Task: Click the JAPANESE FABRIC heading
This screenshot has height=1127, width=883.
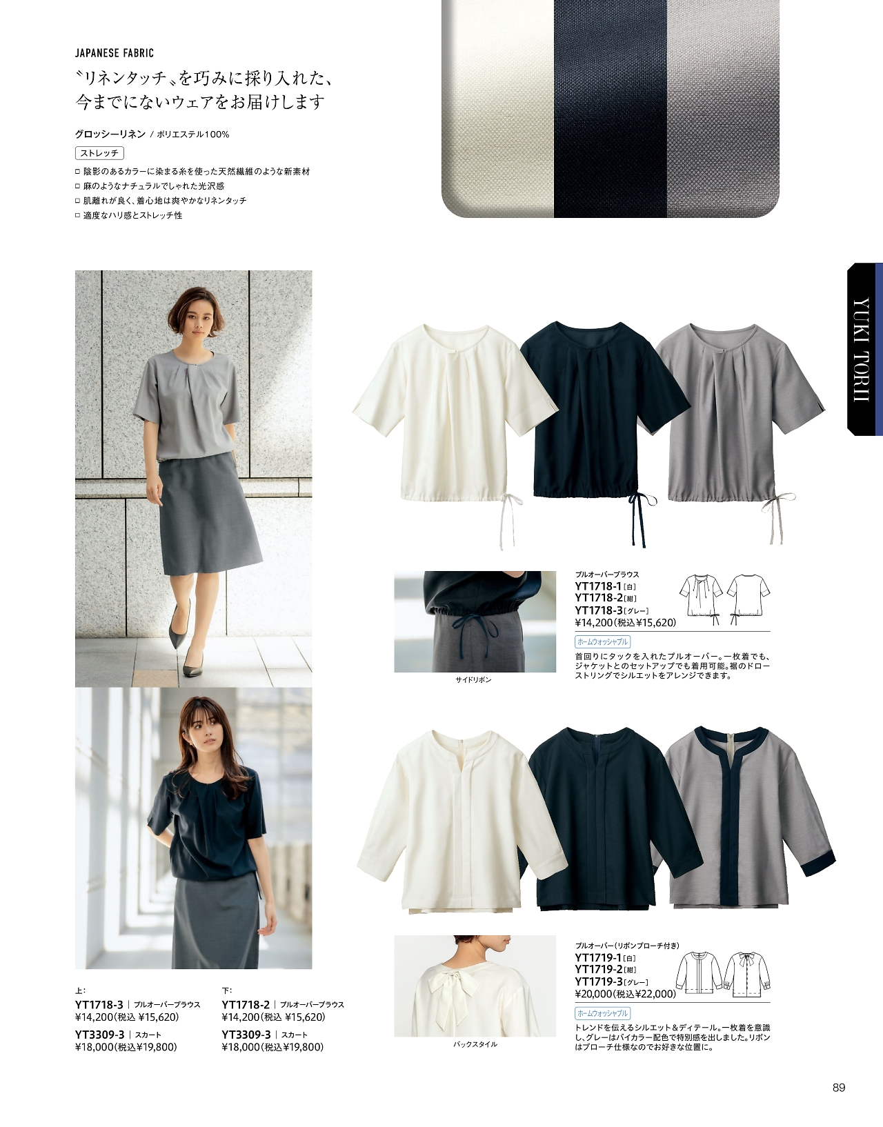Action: pyautogui.click(x=114, y=53)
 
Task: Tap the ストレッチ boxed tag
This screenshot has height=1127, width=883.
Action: pyautogui.click(x=99, y=153)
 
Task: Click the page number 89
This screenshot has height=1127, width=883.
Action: pyautogui.click(x=838, y=1088)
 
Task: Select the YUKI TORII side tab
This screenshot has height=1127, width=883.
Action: pyautogui.click(x=864, y=350)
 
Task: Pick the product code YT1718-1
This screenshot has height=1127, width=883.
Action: pyautogui.click(x=598, y=586)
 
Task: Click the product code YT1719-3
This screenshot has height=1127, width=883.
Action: pyautogui.click(x=598, y=981)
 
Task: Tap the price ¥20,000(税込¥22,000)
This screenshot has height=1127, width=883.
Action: pyautogui.click(x=625, y=994)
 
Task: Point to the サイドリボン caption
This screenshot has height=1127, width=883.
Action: pyautogui.click(x=473, y=679)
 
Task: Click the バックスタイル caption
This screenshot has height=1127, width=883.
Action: pyautogui.click(x=475, y=1044)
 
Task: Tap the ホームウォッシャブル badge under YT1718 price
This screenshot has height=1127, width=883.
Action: pyautogui.click(x=602, y=641)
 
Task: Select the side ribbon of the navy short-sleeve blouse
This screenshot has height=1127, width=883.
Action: pyautogui.click(x=641, y=519)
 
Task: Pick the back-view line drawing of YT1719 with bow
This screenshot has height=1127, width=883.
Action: pyautogui.click(x=747, y=975)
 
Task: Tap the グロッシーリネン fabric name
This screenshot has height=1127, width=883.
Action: pyautogui.click(x=110, y=134)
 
